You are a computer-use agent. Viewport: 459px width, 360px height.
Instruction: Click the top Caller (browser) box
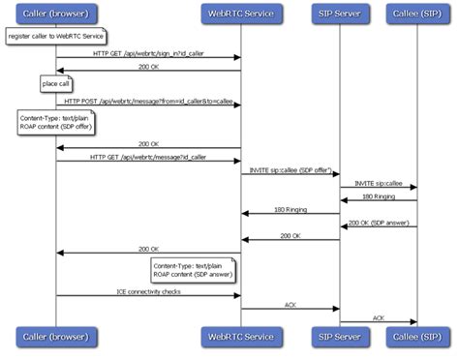(55, 15)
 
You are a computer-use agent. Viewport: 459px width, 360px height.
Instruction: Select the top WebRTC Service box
(241, 15)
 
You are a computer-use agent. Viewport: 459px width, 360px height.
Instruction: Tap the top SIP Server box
(340, 15)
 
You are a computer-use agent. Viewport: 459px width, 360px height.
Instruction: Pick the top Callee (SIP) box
(417, 15)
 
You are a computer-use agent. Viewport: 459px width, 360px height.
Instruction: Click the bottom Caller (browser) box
(55, 336)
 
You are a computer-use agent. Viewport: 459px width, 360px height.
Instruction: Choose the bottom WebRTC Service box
(241, 336)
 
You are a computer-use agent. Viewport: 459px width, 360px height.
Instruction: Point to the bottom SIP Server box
(340, 336)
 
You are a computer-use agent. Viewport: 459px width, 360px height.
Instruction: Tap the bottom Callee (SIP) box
(417, 336)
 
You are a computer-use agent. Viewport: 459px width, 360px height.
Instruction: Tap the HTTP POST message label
(147, 101)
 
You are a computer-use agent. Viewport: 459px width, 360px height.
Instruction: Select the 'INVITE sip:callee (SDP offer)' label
(290, 170)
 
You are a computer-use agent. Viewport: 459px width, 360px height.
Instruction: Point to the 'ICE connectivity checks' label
(147, 290)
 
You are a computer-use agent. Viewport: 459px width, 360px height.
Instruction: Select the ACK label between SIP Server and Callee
(378, 317)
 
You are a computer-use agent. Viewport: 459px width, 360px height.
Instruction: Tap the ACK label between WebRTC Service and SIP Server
(290, 304)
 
